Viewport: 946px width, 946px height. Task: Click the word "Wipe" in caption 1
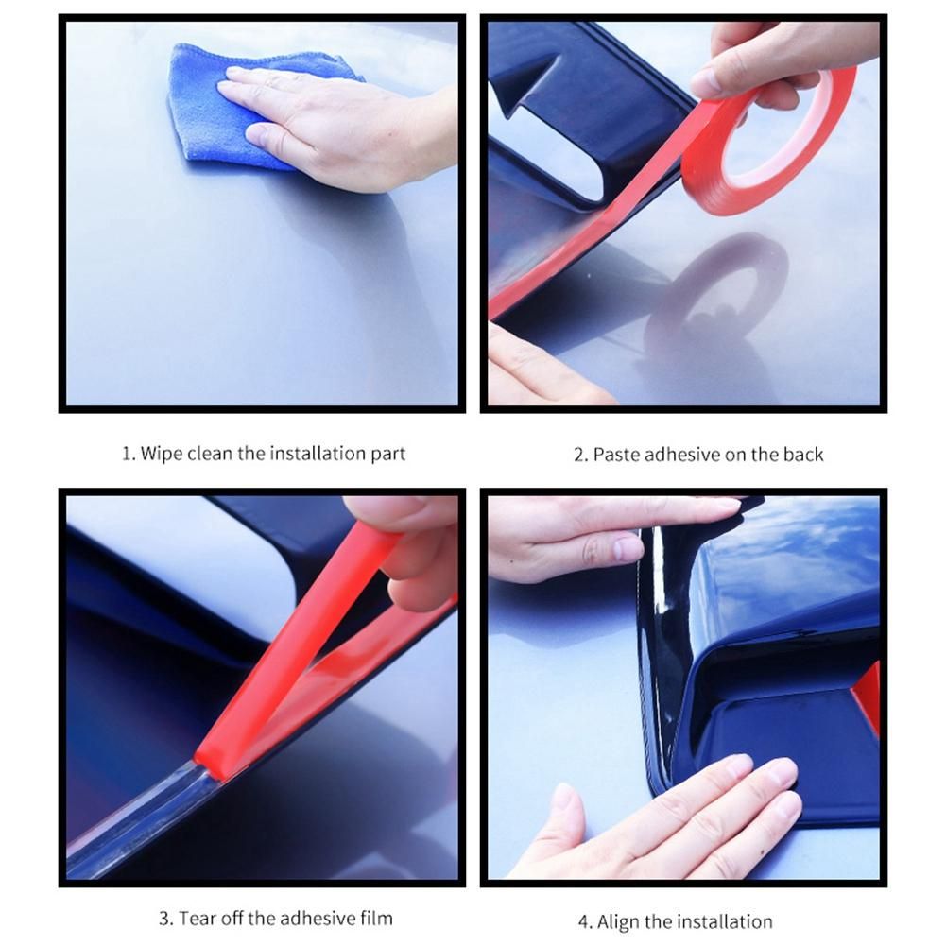tap(161, 455)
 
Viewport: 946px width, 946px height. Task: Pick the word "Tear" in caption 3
tap(195, 919)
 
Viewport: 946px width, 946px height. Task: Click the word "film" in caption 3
tap(376, 919)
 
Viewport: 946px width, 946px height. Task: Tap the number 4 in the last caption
tap(583, 921)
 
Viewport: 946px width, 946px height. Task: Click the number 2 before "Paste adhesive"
tap(578, 455)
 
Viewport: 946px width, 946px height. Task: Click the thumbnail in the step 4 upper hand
tap(628, 549)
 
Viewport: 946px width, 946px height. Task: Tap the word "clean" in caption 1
tap(210, 453)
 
